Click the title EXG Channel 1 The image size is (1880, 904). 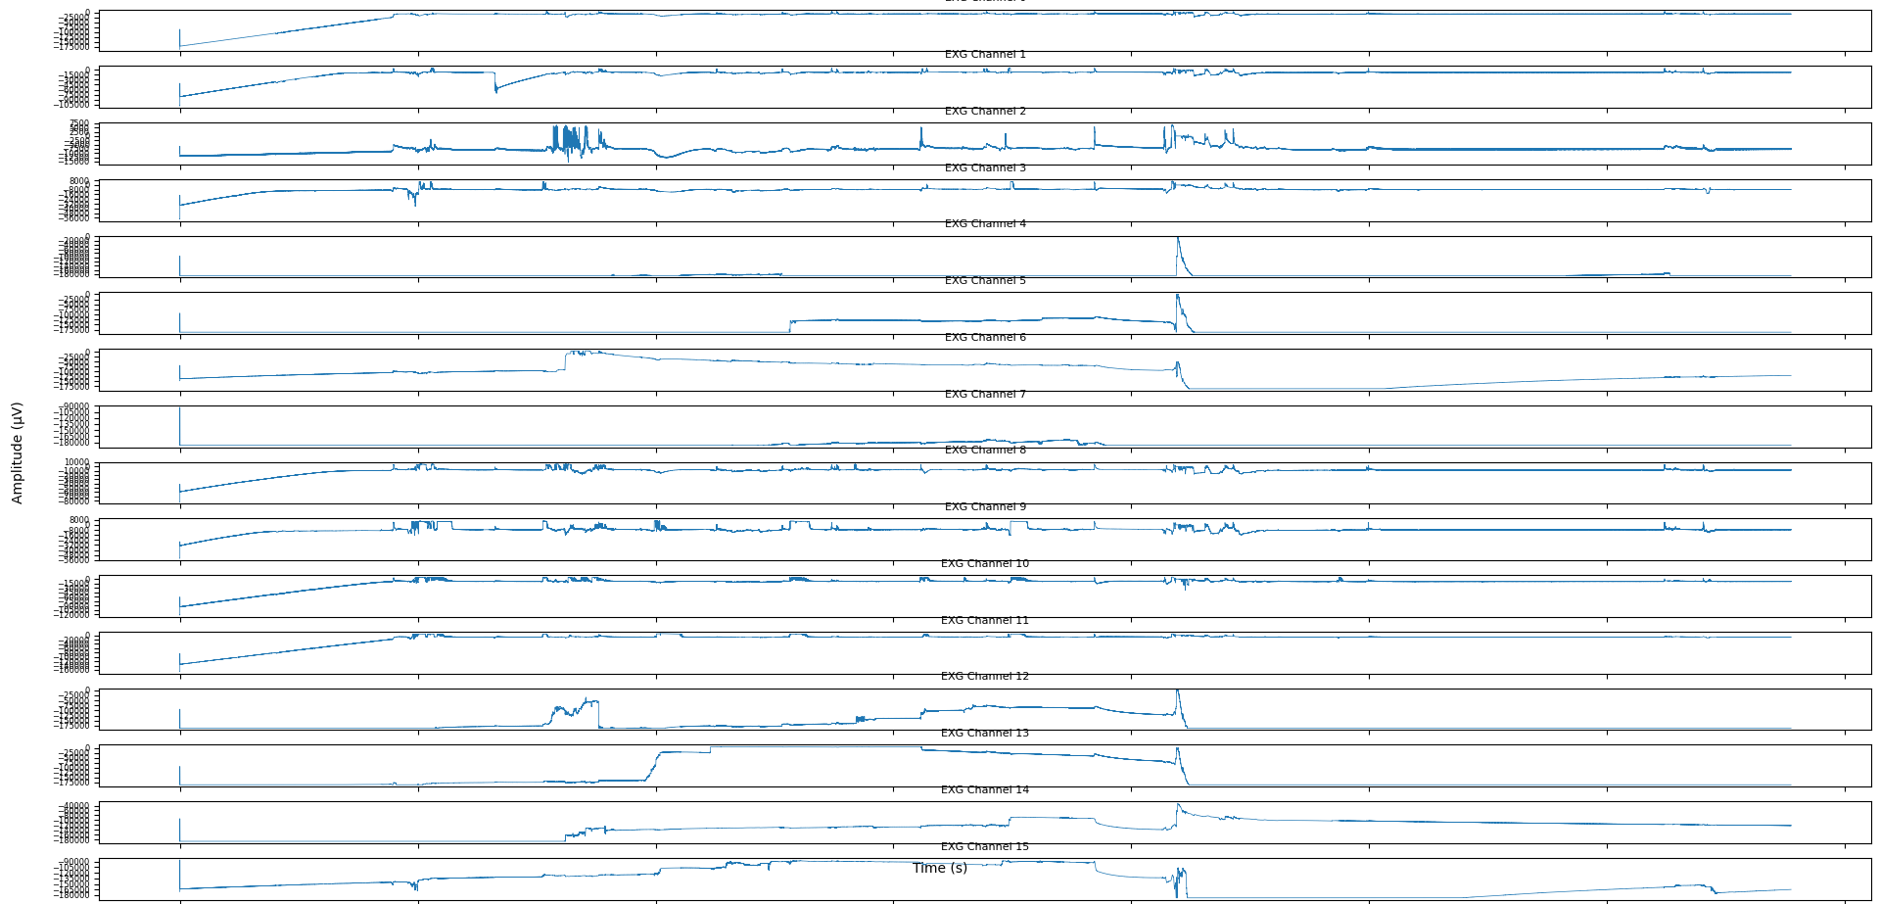(x=985, y=55)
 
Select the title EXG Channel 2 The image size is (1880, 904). (x=985, y=112)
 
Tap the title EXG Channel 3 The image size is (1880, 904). (x=985, y=168)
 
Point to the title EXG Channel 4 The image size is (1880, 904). (x=985, y=224)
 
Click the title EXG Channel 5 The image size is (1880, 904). (x=985, y=281)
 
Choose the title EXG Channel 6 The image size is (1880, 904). (x=985, y=338)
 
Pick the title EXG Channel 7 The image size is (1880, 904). (x=985, y=395)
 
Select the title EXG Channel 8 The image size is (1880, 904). (x=985, y=451)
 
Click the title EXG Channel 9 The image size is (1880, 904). (x=985, y=507)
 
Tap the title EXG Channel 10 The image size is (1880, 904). (x=985, y=564)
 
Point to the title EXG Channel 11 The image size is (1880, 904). (x=985, y=621)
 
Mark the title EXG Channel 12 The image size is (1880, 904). (x=985, y=677)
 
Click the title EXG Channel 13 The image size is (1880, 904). (x=985, y=734)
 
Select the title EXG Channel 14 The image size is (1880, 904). (x=985, y=790)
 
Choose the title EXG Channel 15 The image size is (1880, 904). (x=985, y=847)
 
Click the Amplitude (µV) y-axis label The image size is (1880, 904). (x=17, y=452)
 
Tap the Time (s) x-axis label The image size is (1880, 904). (x=940, y=869)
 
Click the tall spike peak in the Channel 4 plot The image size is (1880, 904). (x=1178, y=239)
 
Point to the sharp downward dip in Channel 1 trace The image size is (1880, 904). (x=495, y=90)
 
